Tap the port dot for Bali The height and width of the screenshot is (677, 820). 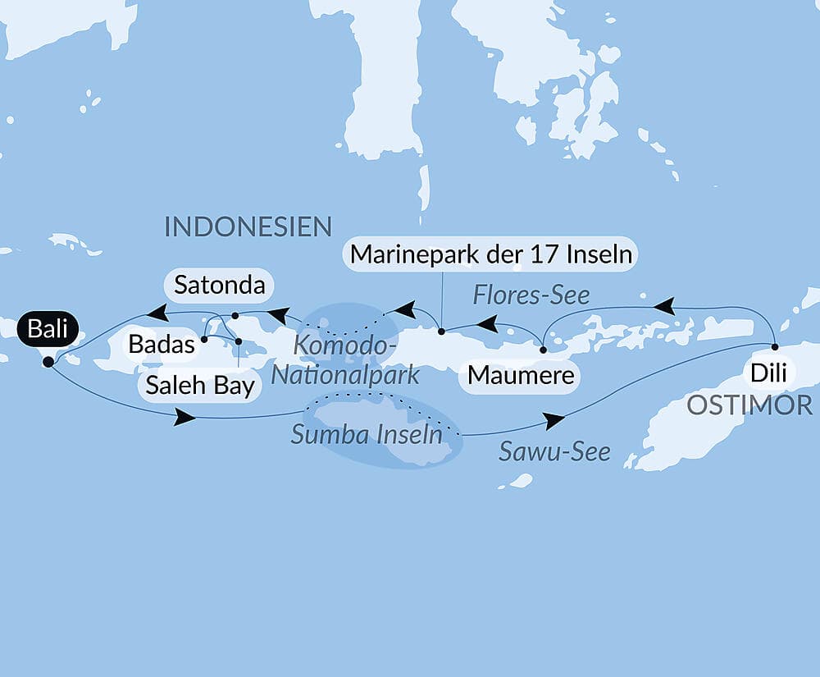click(48, 361)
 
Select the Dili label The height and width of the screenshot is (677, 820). click(768, 373)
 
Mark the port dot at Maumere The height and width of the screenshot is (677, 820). click(543, 350)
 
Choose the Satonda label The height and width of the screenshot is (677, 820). click(221, 286)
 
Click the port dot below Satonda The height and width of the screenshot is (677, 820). click(235, 315)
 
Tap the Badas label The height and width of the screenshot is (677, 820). click(162, 344)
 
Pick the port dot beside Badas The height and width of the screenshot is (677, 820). click(203, 338)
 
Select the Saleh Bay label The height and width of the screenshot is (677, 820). click(200, 385)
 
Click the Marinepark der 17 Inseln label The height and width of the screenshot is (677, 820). click(491, 255)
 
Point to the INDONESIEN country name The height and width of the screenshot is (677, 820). click(248, 226)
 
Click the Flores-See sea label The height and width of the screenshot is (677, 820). click(531, 295)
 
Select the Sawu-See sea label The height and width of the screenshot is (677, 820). click(556, 451)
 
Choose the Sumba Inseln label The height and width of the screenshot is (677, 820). click(367, 434)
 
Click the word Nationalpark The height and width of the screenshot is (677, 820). click(345, 375)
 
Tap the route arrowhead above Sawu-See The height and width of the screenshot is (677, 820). click(555, 421)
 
